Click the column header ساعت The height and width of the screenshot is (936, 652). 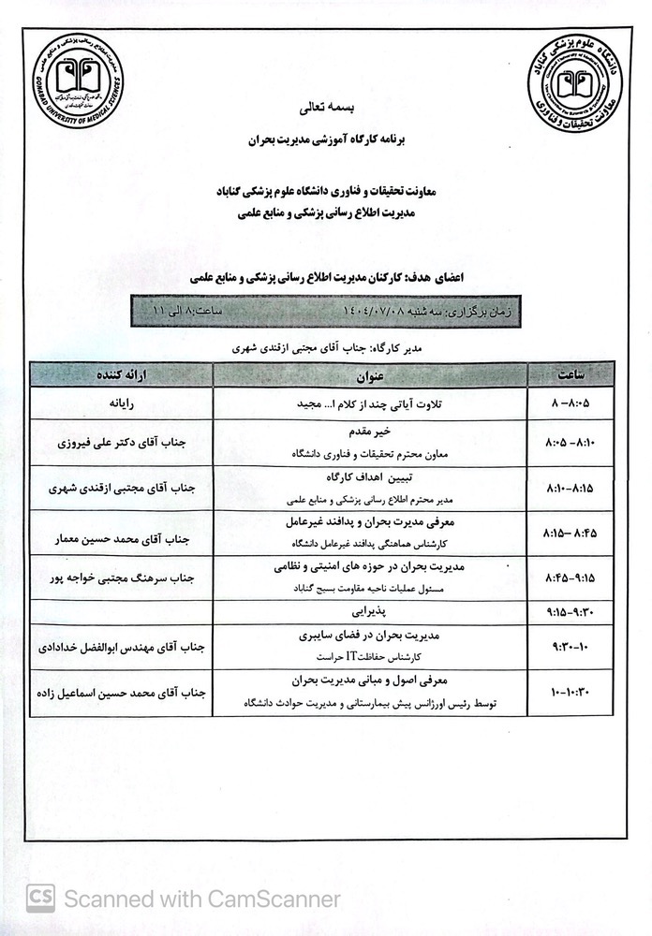571,374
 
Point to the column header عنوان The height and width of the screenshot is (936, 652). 370,374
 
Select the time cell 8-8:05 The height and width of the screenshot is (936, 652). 571,404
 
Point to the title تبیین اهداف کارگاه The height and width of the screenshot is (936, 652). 370,478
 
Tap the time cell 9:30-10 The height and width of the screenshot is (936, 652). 571,647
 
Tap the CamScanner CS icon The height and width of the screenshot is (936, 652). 40,899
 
